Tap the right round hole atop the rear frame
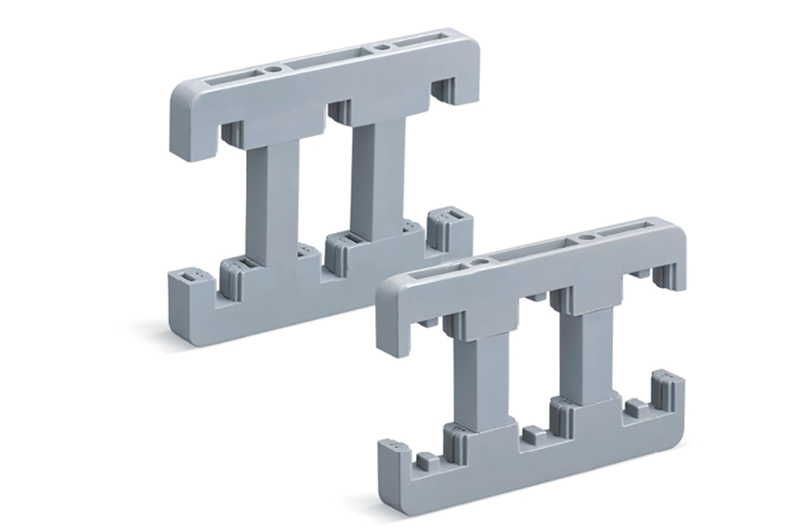click(382, 43)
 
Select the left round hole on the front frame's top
click(479, 262)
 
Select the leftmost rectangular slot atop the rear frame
click(232, 79)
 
